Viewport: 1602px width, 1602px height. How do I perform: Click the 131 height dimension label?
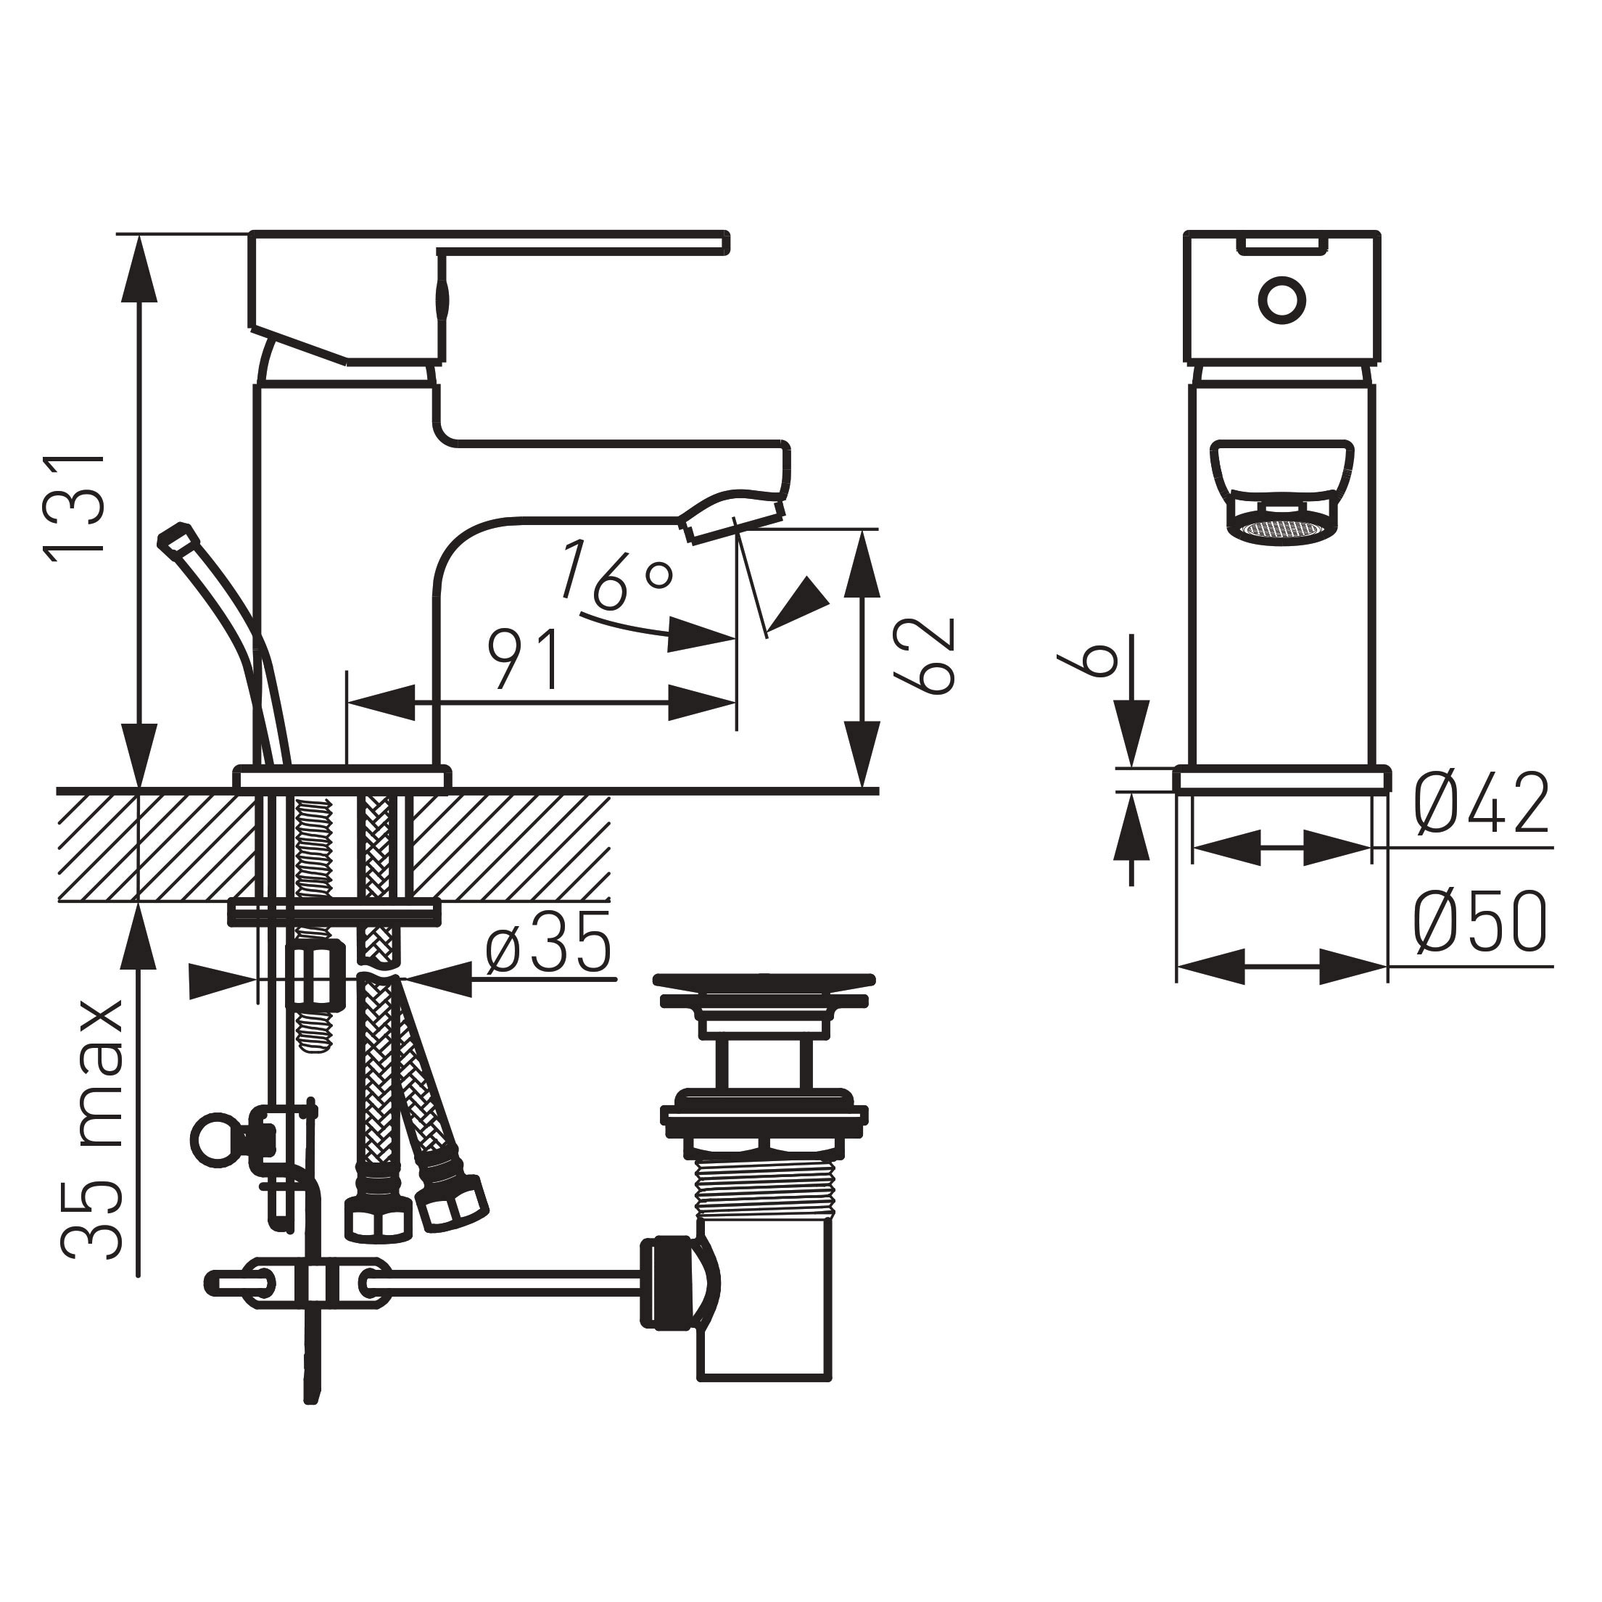click(76, 508)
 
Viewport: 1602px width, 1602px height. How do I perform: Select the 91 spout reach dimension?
click(524, 659)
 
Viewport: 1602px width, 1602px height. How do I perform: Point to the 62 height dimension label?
click(925, 655)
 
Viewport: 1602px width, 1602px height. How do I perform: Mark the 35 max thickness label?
click(93, 1132)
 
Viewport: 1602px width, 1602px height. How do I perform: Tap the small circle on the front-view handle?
click(1281, 300)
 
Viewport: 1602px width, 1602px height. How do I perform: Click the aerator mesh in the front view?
click(1281, 531)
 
